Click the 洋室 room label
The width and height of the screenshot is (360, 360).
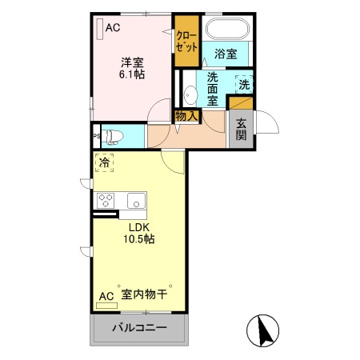(132, 61)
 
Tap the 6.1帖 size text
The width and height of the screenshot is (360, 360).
(132, 76)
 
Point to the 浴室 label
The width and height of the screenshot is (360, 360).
(226, 54)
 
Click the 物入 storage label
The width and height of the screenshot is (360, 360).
(186, 117)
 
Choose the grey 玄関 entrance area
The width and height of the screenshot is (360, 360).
(241, 129)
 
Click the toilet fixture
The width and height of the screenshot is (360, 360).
(113, 135)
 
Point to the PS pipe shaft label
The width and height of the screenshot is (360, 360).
(96, 136)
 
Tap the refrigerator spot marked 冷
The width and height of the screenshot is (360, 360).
(104, 162)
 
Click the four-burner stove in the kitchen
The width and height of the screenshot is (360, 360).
(107, 200)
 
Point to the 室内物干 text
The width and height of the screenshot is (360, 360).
(144, 295)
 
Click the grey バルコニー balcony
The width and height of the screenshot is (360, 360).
(138, 329)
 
